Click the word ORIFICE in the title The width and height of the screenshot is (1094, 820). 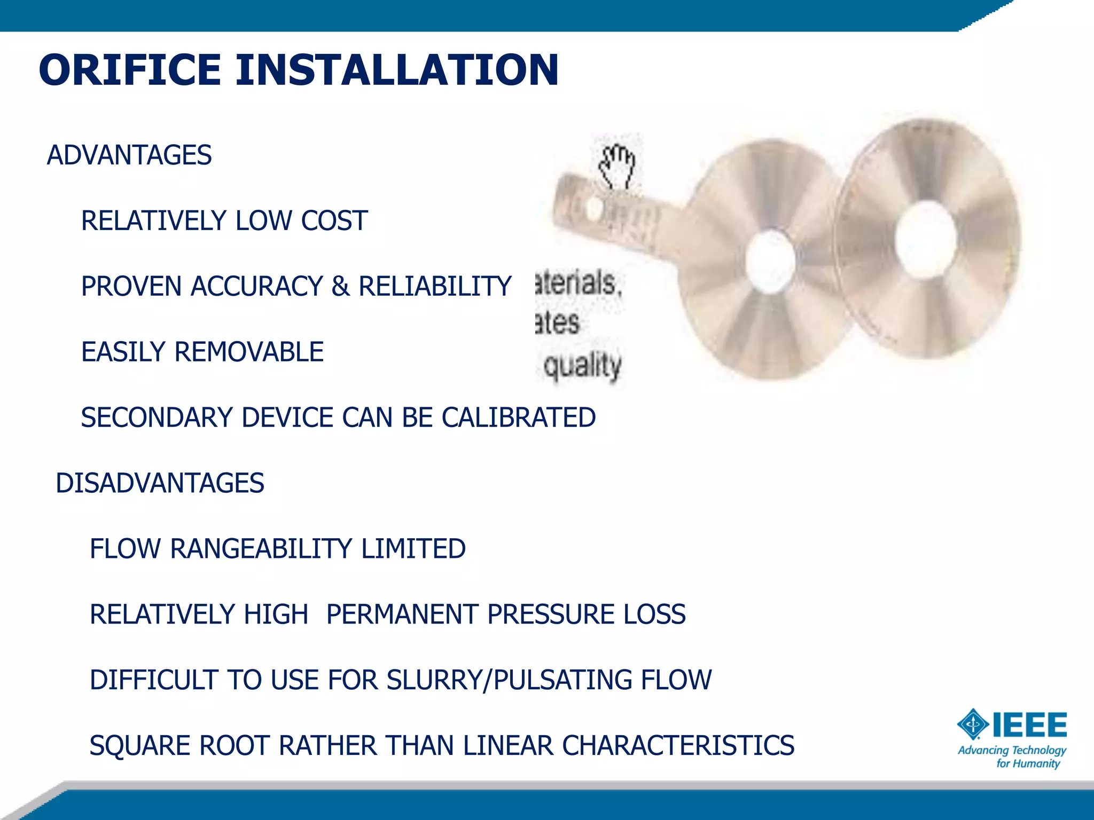tap(130, 70)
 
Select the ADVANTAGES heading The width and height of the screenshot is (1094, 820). tap(129, 155)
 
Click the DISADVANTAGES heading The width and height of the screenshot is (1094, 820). tap(160, 483)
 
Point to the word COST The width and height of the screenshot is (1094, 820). tap(334, 221)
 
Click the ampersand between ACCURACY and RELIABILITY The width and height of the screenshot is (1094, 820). tap(340, 287)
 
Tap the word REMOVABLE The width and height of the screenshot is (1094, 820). tap(249, 352)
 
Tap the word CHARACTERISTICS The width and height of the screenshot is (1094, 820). tap(678, 746)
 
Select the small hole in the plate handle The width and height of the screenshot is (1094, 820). tap(595, 208)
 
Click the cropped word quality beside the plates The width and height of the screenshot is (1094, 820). tap(582, 366)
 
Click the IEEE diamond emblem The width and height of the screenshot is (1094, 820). tap(973, 724)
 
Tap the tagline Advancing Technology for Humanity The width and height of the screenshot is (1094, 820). tap(1012, 757)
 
